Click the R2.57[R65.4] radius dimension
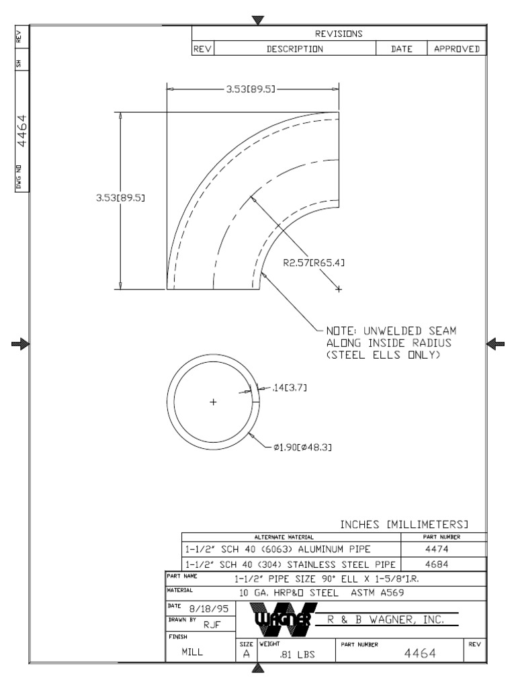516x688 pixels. [314, 263]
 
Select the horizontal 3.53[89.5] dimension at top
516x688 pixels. [252, 89]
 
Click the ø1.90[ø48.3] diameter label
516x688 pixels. [304, 447]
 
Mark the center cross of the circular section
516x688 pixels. [214, 402]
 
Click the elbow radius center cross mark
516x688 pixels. [339, 289]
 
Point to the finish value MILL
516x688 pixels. [196, 652]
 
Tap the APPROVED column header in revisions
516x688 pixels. [457, 49]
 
